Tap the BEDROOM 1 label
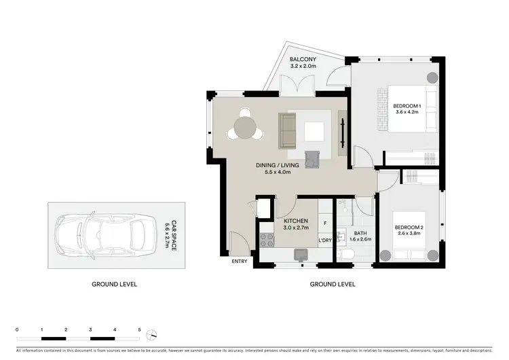coord(407,106)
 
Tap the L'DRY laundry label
coord(324,240)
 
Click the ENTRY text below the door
coord(239,262)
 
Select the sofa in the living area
coord(288,130)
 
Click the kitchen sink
coord(299,255)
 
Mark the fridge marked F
coord(325,223)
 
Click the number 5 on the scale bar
coord(139,329)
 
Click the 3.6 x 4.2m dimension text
coord(407,113)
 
